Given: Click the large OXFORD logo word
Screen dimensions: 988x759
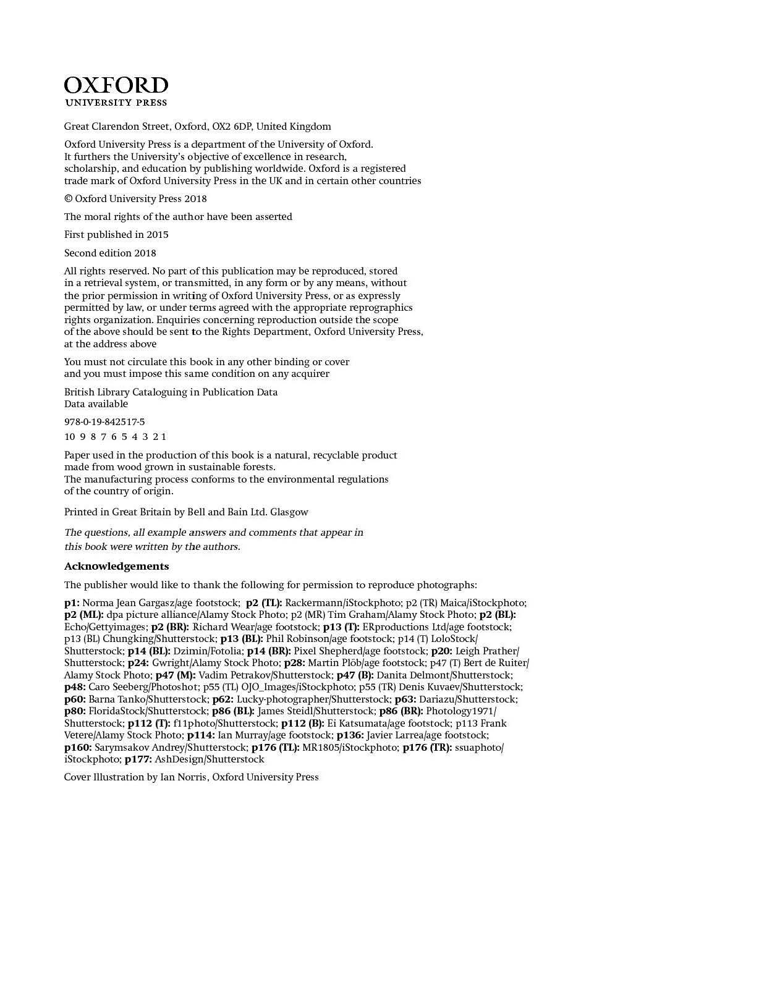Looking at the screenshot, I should coord(116,85).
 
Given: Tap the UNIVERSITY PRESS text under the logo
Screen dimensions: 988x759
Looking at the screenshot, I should coord(116,103).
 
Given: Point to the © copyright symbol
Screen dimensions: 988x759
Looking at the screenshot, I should coord(68,199).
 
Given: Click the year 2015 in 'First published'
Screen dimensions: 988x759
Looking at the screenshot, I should coord(157,235).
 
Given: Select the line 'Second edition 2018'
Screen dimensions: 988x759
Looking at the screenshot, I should coord(110,253).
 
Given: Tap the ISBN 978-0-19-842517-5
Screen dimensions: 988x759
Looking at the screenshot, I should coord(104,422).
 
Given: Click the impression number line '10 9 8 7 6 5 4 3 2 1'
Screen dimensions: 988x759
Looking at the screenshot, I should coord(115,437).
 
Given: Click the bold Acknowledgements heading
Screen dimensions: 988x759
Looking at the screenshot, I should coord(116,567).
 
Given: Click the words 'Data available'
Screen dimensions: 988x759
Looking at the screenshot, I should coord(96,404).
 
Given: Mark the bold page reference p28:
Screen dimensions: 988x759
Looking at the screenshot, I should coord(294,663).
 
